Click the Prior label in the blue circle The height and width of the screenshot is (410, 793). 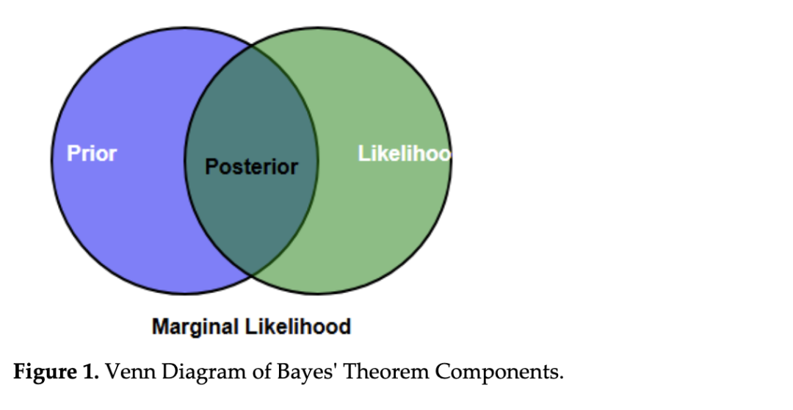pos(92,154)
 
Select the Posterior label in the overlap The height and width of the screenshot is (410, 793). pos(251,167)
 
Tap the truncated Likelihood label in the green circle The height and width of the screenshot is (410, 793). pos(404,154)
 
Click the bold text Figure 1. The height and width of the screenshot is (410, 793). pos(56,372)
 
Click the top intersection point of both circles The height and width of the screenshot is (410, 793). pos(251,47)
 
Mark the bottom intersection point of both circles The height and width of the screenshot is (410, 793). pos(251,275)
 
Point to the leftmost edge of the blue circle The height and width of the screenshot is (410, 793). pos(51,161)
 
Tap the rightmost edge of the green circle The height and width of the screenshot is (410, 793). pos(451,161)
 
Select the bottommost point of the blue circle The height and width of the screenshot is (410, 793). pos(185,294)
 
